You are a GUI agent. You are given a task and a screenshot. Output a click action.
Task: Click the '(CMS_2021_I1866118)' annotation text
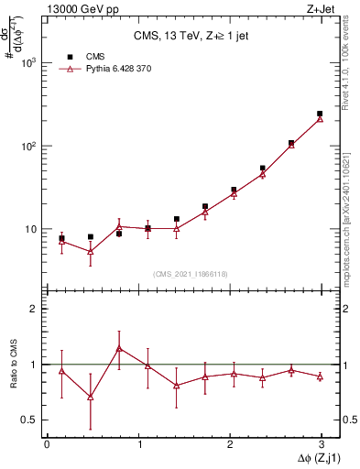tap(191, 274)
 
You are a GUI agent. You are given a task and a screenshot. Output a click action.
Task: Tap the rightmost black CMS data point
tap(320, 114)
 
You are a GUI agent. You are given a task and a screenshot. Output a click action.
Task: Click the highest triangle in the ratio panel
tap(119, 348)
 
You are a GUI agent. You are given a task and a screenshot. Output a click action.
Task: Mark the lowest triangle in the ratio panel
tap(91, 397)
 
